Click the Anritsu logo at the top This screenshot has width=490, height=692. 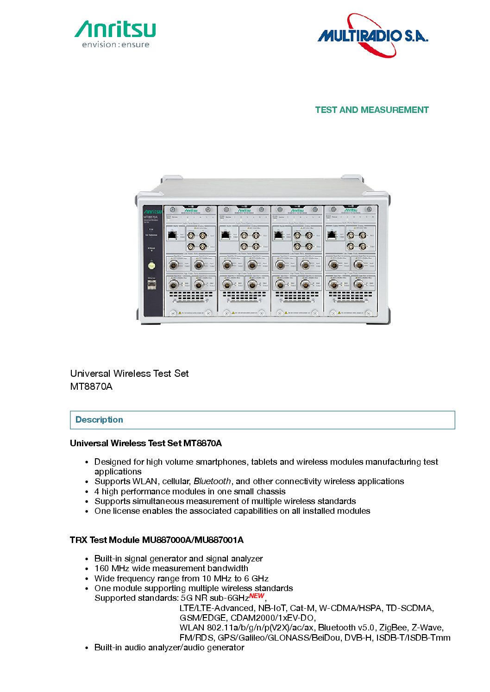tap(115, 29)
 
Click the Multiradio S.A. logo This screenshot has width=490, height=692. tap(372, 36)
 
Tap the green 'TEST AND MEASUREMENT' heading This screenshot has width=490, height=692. tap(371, 110)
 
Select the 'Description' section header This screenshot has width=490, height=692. tap(99, 420)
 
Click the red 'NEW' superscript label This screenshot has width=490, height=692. tap(257, 596)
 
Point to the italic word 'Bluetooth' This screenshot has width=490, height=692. tap(212, 481)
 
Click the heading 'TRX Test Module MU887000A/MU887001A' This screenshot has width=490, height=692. tap(157, 540)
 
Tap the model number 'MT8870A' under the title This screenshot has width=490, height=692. tap(91, 387)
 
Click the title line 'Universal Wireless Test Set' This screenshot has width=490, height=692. tap(129, 374)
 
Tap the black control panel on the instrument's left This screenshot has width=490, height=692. tap(152, 261)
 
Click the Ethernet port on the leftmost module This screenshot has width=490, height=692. tap(172, 235)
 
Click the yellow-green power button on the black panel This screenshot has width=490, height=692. tap(151, 265)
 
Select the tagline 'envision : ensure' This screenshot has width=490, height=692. tap(115, 45)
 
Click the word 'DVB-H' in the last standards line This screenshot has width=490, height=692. tap(358, 638)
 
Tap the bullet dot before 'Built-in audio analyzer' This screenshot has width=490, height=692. tap(87, 648)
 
